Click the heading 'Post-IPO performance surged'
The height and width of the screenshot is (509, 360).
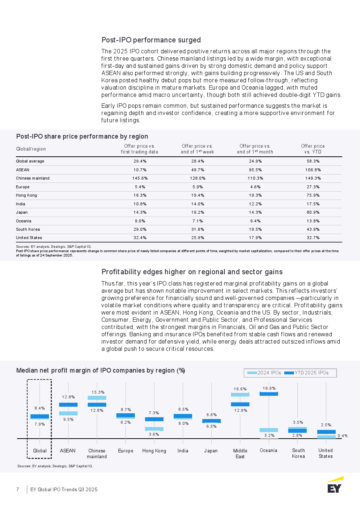pyautogui.click(x=151, y=40)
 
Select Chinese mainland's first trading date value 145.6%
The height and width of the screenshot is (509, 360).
pyautogui.click(x=140, y=178)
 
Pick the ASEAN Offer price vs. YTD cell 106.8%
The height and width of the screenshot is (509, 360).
pyautogui.click(x=313, y=170)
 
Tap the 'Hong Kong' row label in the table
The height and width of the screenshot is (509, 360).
pyautogui.click(x=26, y=195)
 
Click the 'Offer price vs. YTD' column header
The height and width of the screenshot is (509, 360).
pyautogui.click(x=313, y=149)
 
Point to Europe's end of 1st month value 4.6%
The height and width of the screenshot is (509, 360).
pyautogui.click(x=255, y=187)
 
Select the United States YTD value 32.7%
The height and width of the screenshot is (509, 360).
pyautogui.click(x=313, y=238)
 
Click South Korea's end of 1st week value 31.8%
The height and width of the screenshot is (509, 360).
pyautogui.click(x=198, y=229)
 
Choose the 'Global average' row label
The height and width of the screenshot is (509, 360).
pyautogui.click(x=30, y=161)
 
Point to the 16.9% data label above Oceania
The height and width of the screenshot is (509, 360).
pyautogui.click(x=269, y=388)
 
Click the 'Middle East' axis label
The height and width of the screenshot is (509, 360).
pyautogui.click(x=240, y=453)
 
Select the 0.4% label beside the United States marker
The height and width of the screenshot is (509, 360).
pyautogui.click(x=342, y=436)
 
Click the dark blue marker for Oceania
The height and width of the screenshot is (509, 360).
pyautogui.click(x=269, y=394)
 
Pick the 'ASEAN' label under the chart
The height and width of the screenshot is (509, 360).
pyautogui.click(x=68, y=451)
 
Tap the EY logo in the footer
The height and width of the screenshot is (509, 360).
pyautogui.click(x=335, y=485)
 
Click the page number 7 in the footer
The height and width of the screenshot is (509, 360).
pyautogui.click(x=18, y=489)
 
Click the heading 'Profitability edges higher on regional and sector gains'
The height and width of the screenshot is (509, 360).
pyautogui.click(x=192, y=272)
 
